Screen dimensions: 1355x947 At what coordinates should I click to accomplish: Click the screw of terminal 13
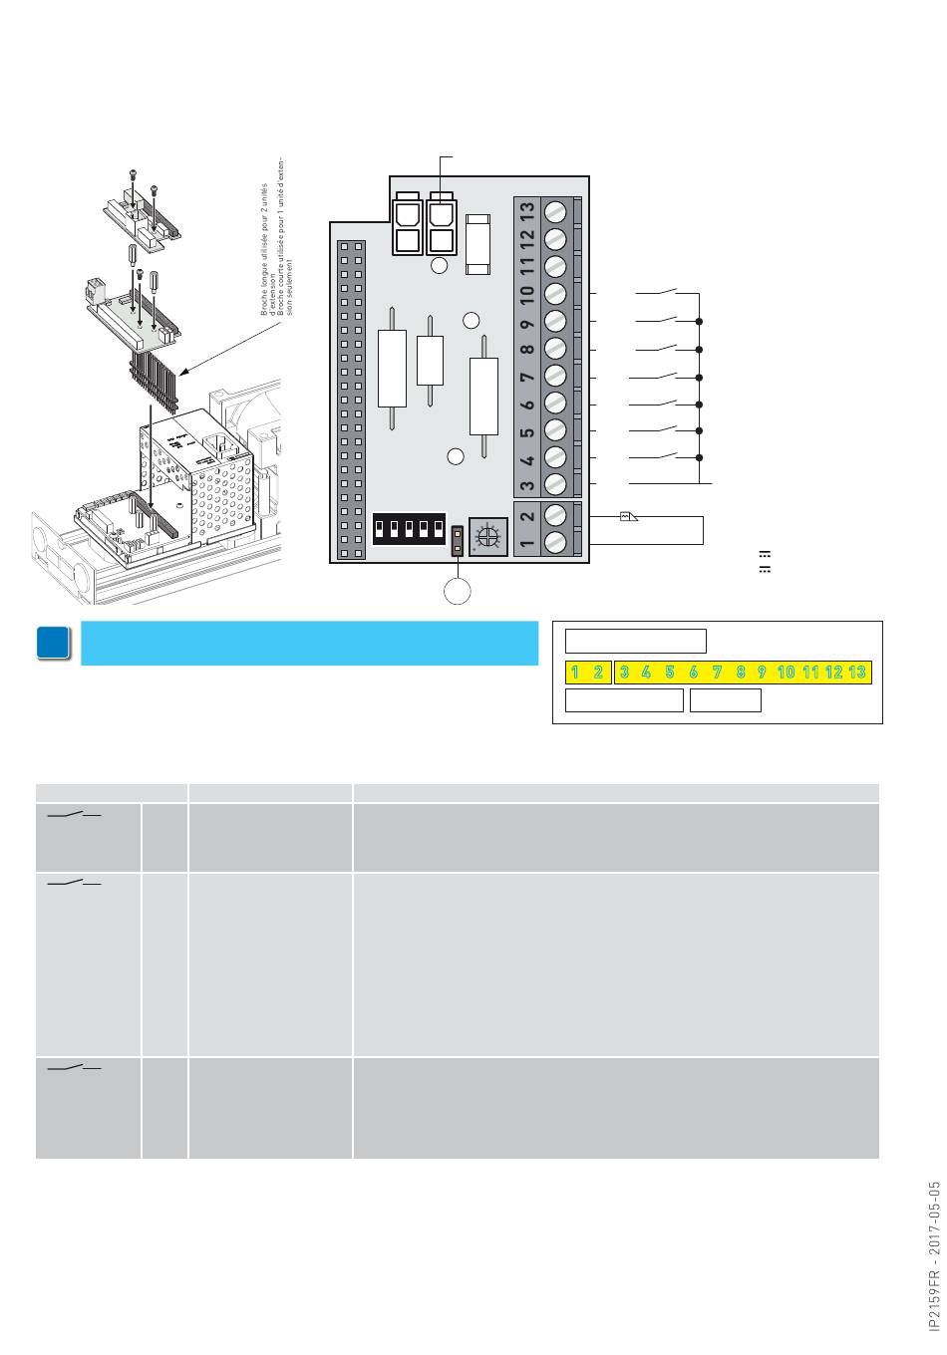tap(557, 212)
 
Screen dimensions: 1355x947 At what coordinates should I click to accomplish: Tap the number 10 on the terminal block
tap(528, 294)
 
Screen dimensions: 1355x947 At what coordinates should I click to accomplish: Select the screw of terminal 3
tap(557, 483)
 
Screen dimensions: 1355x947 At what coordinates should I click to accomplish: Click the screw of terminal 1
tap(557, 542)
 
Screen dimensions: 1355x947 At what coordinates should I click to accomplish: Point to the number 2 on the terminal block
tap(528, 515)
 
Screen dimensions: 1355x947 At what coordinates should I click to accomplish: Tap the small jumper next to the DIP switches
tap(458, 539)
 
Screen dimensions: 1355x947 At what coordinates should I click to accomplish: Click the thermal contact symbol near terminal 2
tap(629, 516)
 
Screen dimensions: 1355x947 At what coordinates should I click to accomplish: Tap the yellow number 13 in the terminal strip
tap(857, 673)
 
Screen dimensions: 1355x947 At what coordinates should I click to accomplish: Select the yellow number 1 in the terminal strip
tap(576, 673)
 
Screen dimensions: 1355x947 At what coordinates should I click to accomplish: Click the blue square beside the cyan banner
tap(54, 644)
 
